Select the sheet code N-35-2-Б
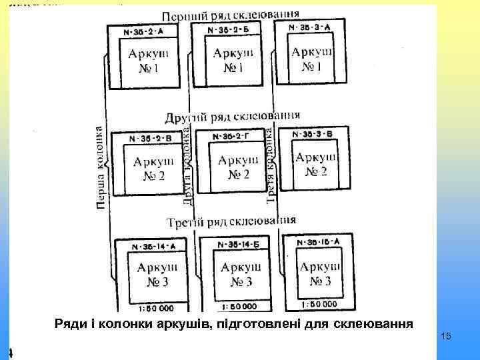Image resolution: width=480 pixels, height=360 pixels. [x=229, y=30]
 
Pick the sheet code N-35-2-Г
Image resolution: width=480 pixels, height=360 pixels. [x=231, y=137]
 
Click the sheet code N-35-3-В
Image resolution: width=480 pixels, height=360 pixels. [x=313, y=134]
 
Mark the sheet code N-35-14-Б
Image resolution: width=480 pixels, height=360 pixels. [x=234, y=244]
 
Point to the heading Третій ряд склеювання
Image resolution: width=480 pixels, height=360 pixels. [x=232, y=221]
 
